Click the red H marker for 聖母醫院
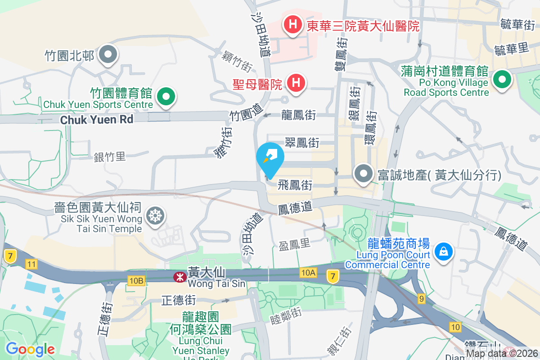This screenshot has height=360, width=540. [x=296, y=83]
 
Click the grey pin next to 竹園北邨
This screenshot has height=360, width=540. [x=108, y=55]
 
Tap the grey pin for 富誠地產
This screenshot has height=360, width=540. [x=363, y=173]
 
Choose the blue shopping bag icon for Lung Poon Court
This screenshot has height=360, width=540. [x=444, y=251]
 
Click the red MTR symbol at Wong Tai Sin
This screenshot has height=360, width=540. [x=180, y=278]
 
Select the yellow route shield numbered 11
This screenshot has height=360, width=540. [x=31, y=265]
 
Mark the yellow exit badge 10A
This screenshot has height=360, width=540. [x=309, y=272]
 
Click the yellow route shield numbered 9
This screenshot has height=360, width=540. [x=421, y=298]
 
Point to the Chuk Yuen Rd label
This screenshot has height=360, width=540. [x=97, y=120]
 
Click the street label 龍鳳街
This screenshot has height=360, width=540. [x=298, y=115]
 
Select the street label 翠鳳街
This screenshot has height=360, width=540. [x=302, y=143]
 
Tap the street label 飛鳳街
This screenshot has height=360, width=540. [x=295, y=185]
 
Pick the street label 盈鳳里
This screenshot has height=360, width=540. [x=295, y=244]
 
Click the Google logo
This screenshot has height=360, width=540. [x=30, y=349]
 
